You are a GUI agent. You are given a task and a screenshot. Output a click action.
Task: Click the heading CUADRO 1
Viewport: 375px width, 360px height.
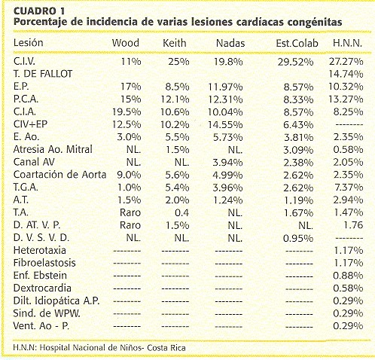tap(39, 11)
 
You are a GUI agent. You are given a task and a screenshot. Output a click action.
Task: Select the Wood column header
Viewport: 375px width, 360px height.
tap(126, 43)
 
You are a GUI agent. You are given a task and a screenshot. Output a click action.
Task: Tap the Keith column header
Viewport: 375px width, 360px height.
tap(175, 43)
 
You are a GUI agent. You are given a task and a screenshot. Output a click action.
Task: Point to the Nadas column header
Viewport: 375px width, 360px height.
tap(230, 43)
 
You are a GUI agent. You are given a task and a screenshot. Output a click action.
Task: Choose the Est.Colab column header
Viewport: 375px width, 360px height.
tap(297, 43)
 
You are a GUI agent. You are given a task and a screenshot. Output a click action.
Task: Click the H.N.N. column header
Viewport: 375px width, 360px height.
tap(347, 43)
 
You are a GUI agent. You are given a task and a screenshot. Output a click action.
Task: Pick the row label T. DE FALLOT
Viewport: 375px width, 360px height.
tap(43, 74)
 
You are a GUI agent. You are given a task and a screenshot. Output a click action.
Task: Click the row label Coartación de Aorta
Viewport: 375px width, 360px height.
tap(59, 175)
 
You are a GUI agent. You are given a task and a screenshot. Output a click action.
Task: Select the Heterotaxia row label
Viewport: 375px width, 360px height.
tap(40, 250)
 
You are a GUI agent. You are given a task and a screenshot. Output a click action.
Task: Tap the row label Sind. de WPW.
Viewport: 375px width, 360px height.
tap(47, 313)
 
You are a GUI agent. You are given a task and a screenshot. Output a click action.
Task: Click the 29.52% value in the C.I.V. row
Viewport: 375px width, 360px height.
tap(295, 62)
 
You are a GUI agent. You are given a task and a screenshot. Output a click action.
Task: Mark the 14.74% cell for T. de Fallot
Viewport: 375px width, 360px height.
tap(346, 74)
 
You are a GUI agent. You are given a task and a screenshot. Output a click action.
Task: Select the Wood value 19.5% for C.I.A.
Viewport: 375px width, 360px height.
tap(127, 112)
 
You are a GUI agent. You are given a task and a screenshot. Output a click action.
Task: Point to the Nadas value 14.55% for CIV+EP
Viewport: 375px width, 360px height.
tap(225, 124)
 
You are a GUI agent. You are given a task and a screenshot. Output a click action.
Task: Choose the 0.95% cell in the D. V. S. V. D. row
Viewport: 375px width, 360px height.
tap(298, 238)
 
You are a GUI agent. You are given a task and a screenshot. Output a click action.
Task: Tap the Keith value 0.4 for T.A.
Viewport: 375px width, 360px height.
tap(181, 212)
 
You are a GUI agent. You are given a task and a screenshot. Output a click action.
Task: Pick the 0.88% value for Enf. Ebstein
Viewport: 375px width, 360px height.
tap(348, 276)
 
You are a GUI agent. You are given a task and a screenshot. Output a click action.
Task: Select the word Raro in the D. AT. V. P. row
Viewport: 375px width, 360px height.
tap(130, 225)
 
